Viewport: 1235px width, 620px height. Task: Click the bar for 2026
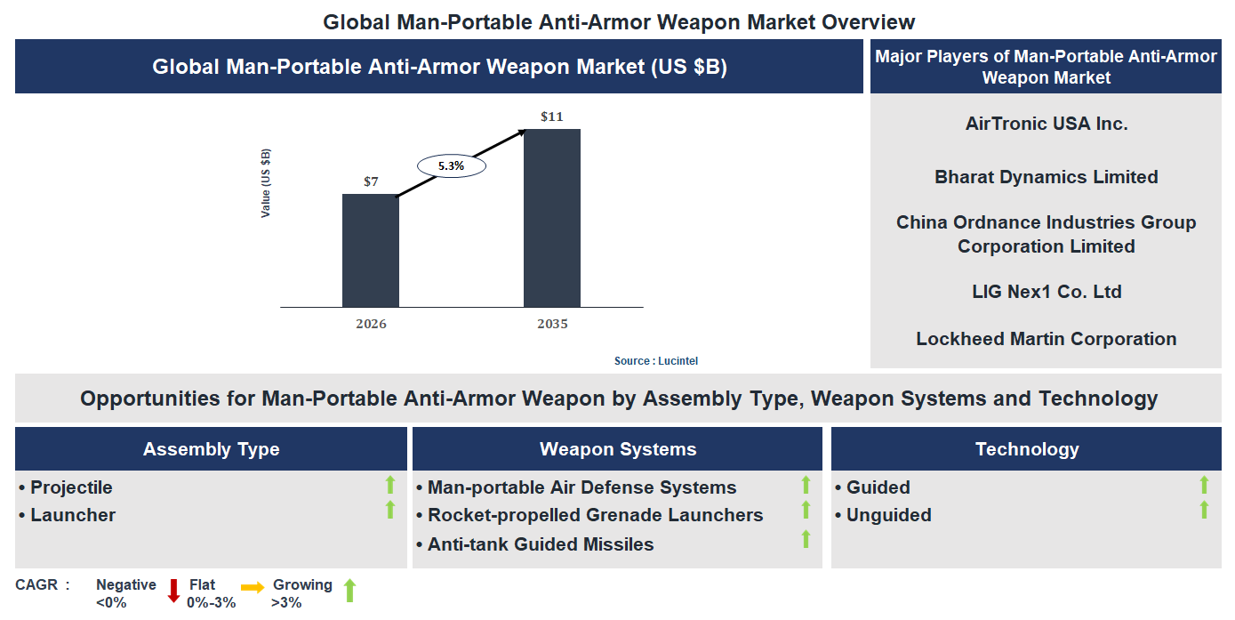(x=371, y=251)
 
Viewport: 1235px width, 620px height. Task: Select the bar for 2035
(x=551, y=218)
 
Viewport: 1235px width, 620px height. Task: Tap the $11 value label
(x=551, y=117)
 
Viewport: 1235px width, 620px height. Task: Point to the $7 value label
(x=371, y=181)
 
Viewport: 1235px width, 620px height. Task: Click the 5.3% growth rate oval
(x=451, y=165)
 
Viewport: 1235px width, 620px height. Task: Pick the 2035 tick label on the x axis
(x=551, y=324)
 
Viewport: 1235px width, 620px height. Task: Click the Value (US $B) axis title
(x=266, y=183)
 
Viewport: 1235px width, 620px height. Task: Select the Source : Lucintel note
(x=662, y=360)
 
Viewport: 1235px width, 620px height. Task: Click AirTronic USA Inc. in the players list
(x=1046, y=124)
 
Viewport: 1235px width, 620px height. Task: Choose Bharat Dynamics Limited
(x=1046, y=177)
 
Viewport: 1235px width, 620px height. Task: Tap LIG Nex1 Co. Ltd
(x=1046, y=292)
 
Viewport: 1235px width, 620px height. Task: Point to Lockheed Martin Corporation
(x=1046, y=339)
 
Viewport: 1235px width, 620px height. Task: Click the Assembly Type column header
(x=211, y=449)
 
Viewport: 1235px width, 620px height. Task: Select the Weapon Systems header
(x=617, y=449)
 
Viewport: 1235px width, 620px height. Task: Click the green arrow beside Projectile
(x=389, y=485)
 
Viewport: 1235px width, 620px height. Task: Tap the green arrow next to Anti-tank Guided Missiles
(x=806, y=539)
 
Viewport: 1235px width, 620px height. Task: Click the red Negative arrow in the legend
(x=173, y=591)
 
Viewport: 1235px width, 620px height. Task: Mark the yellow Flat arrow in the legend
(x=253, y=588)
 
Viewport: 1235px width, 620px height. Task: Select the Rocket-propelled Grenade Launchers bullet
(x=594, y=515)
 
